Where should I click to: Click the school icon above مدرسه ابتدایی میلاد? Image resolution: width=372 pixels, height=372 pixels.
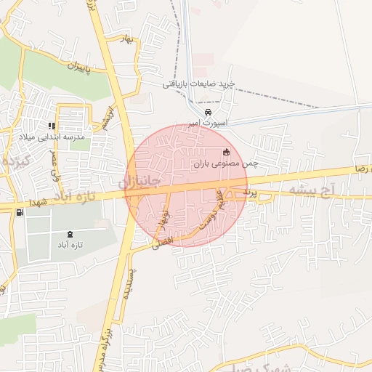(x=52, y=126)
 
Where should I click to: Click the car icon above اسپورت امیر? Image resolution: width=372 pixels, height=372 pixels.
(x=209, y=113)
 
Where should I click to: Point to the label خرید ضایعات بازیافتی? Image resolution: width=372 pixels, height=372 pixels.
(x=198, y=84)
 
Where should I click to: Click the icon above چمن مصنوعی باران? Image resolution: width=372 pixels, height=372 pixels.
(x=226, y=152)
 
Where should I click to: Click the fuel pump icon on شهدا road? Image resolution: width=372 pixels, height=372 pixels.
(x=19, y=212)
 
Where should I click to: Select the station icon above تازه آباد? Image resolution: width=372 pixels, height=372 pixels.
(x=70, y=234)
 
